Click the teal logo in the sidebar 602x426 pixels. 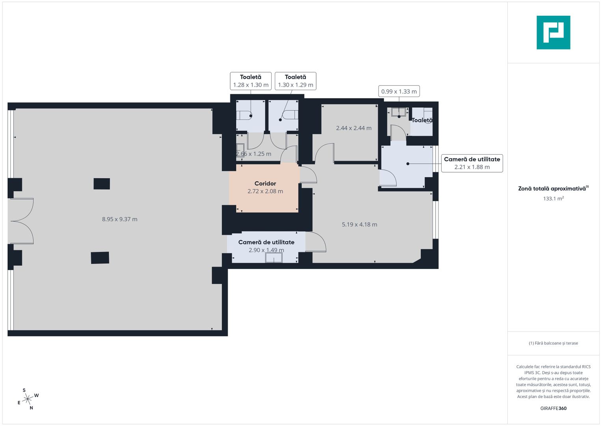pos(554,32)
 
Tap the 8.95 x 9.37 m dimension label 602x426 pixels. pos(119,219)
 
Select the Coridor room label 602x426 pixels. pos(265,183)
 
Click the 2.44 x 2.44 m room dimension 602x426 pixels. pos(354,128)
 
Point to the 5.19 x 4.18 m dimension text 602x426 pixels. pos(359,224)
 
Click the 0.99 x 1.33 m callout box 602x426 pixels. pos(399,92)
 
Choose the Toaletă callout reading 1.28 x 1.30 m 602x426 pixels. pos(251,81)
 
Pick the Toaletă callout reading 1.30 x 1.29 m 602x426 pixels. pos(295,81)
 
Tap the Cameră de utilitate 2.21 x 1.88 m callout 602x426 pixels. pos(472,163)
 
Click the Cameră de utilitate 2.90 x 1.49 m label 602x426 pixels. pos(267,246)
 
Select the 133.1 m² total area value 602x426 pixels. pos(554,198)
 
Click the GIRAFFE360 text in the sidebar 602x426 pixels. pos(554,408)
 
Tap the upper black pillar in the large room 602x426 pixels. pos(102,184)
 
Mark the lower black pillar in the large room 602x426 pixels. pos(100,258)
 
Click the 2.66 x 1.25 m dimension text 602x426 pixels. pos(253,154)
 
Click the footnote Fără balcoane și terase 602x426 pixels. pos(554,343)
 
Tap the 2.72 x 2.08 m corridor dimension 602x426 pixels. pos(265,191)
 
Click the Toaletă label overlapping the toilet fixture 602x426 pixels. pos(422,120)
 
